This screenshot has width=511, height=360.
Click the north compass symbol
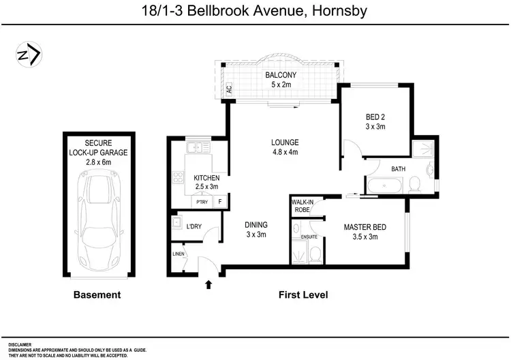[x=29, y=55]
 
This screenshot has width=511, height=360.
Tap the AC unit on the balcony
[x=229, y=89]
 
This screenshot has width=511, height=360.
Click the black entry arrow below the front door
[x=208, y=285]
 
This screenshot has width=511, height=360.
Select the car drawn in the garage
[x=99, y=222]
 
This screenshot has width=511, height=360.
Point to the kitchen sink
[x=198, y=147]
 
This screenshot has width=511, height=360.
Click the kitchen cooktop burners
[x=178, y=177]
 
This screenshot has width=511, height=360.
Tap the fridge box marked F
[x=220, y=202]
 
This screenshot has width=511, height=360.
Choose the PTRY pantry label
[x=202, y=202]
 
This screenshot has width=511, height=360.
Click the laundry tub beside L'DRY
[x=177, y=222]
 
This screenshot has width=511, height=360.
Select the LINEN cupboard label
[x=179, y=254]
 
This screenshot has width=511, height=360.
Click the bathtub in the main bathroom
[x=385, y=185]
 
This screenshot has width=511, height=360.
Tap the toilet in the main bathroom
[x=414, y=184]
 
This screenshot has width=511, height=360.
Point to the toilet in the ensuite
[x=315, y=255]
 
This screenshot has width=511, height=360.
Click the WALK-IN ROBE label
[x=303, y=206]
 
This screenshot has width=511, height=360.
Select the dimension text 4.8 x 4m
[x=285, y=152]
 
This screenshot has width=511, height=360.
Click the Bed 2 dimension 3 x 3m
[x=375, y=127]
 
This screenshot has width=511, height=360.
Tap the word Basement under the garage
[x=97, y=295]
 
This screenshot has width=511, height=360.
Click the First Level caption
[x=303, y=295]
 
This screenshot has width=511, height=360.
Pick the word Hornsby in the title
[x=339, y=11]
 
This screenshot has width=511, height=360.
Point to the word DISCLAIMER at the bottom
[x=20, y=345]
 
